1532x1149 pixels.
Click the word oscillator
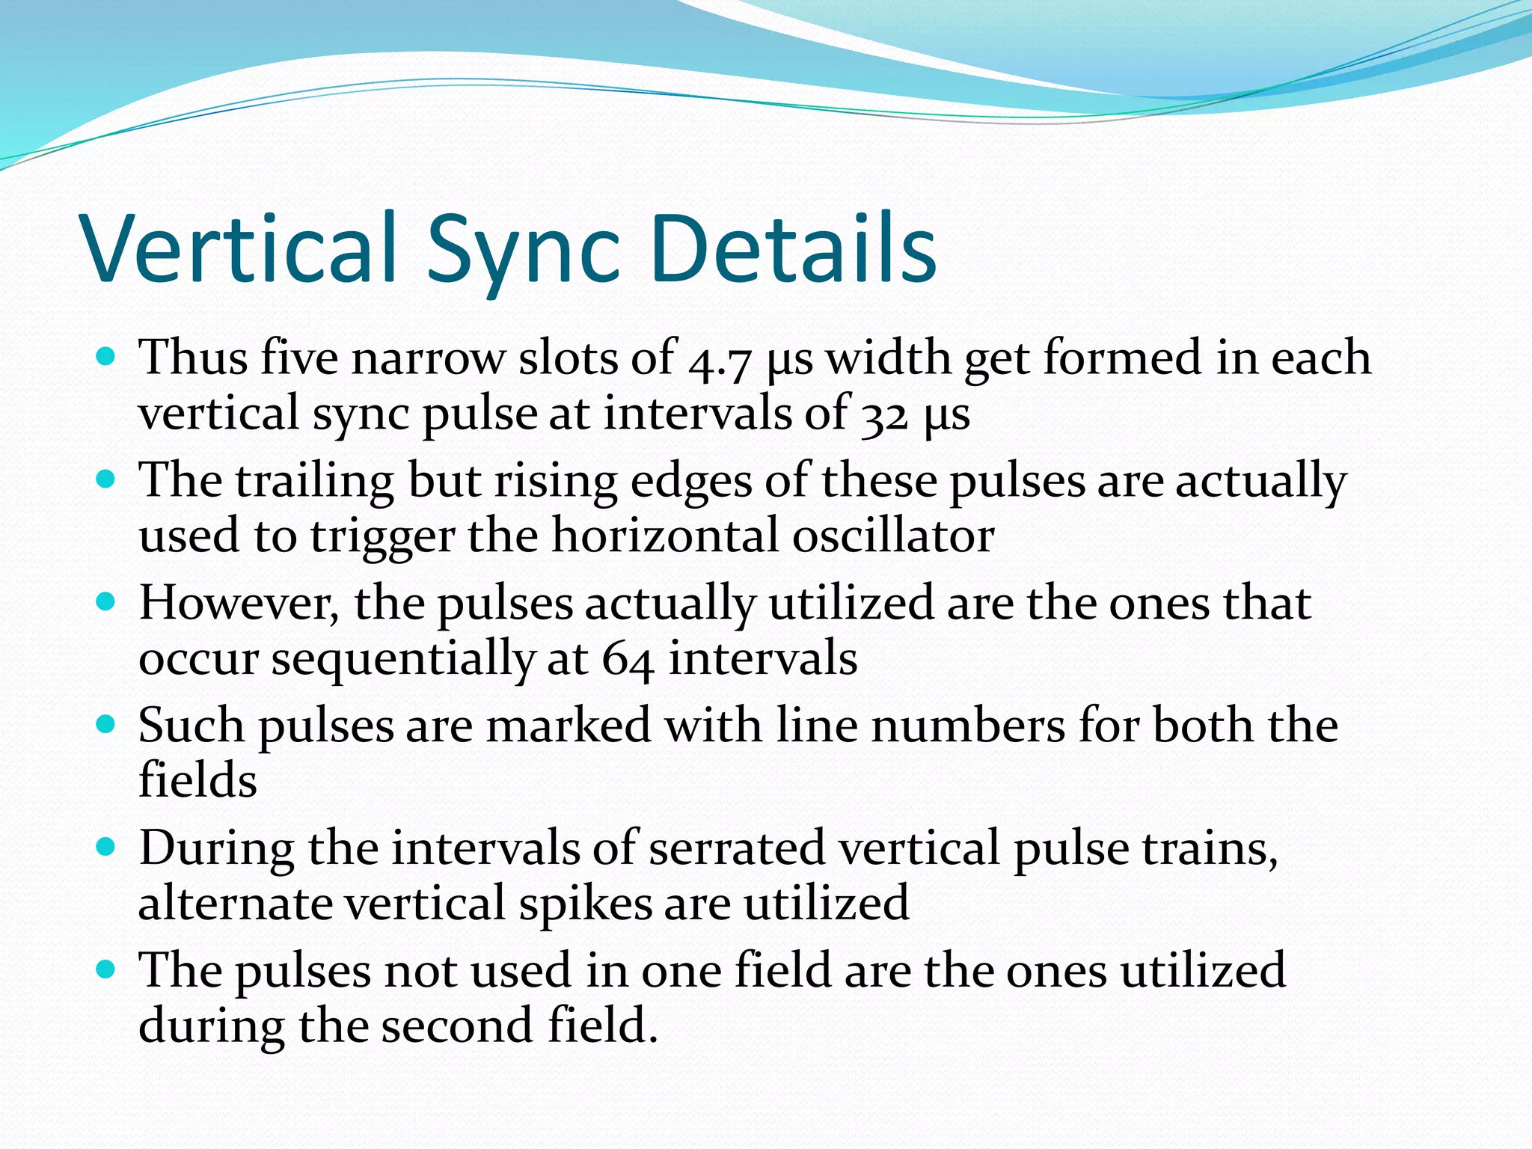893,536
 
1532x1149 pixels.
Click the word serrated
737,848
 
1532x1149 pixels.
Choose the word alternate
235,904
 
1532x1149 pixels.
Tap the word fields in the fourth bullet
197,780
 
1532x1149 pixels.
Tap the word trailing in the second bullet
315,482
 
